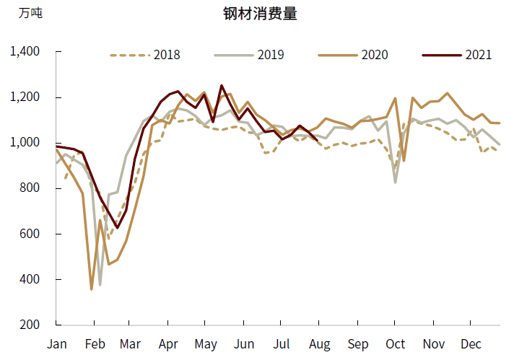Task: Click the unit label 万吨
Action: (x=30, y=14)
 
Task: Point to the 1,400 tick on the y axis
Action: (x=26, y=52)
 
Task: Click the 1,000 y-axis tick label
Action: (x=26, y=143)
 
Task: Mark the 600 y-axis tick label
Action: (x=32, y=234)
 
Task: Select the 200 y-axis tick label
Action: (x=32, y=325)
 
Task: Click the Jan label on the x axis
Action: (x=57, y=344)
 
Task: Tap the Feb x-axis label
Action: (x=95, y=344)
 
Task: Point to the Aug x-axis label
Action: (x=319, y=344)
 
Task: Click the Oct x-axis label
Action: (x=395, y=344)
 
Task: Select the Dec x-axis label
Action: (x=471, y=344)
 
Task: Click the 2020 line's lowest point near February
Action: (x=92, y=289)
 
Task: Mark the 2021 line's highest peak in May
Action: (x=222, y=86)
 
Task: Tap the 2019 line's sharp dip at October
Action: (x=395, y=182)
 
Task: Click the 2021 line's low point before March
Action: (x=117, y=228)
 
